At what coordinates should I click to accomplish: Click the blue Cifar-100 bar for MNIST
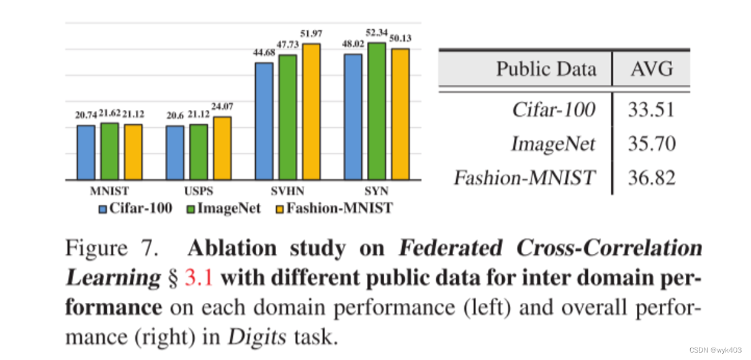(86, 153)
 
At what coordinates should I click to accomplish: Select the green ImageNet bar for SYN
(376, 112)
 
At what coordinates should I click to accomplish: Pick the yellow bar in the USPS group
(222, 148)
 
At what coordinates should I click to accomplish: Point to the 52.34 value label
(376, 33)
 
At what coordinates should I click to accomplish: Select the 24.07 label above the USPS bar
(222, 106)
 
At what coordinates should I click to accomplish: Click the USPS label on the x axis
(199, 191)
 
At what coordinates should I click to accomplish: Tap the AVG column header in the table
(651, 68)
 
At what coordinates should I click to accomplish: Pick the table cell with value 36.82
(651, 178)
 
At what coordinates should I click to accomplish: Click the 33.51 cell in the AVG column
(651, 110)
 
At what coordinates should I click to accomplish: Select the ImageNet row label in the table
(552, 144)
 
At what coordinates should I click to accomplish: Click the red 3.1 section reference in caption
(199, 277)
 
